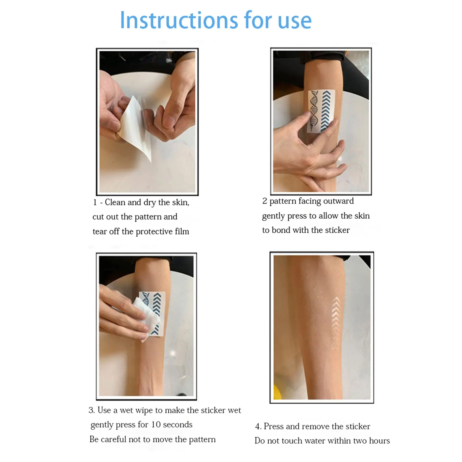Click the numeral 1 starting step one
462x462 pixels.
(x=95, y=202)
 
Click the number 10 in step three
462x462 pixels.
(x=156, y=424)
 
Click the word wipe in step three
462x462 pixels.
(x=144, y=410)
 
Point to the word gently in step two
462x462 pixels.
(x=273, y=216)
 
